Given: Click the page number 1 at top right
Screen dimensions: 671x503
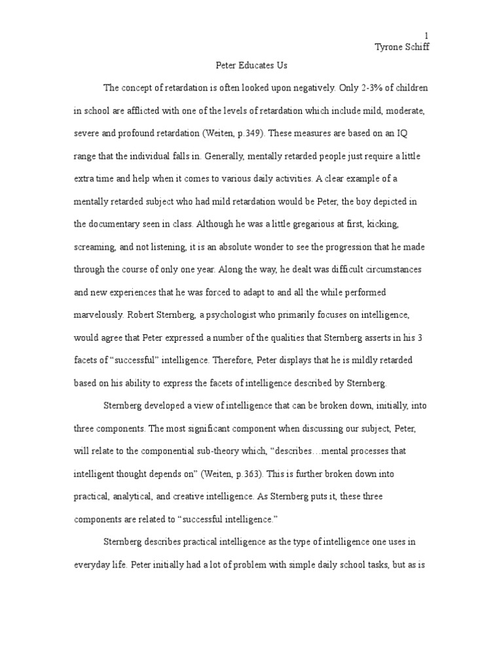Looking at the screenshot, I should point(426,35).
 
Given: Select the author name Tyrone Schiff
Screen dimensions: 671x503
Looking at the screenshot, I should point(401,47).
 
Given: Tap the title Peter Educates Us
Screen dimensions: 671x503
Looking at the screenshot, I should point(251,66).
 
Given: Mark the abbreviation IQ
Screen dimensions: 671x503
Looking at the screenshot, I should point(415,133).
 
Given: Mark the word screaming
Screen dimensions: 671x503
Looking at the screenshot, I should point(94,246).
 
